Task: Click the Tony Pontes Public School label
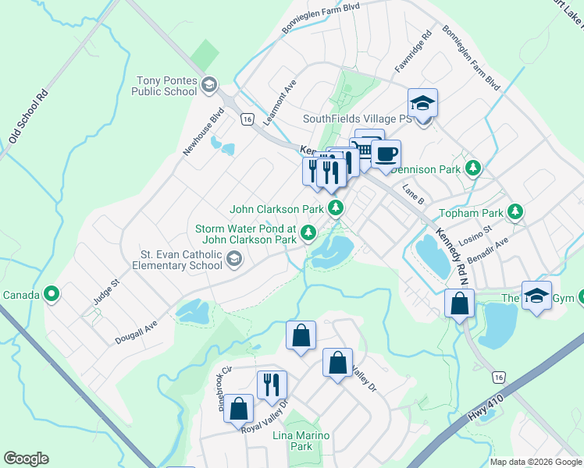[166, 86]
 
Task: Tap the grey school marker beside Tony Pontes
[209, 84]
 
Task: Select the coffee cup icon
[385, 154]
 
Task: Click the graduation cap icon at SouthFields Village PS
[422, 103]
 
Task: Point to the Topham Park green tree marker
[515, 211]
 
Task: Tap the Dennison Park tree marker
[472, 168]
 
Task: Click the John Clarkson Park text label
[276, 209]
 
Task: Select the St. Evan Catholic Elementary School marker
[233, 258]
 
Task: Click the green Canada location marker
[52, 294]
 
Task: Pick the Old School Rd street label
[29, 115]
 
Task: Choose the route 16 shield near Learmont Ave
[247, 119]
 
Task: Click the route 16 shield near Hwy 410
[499, 377]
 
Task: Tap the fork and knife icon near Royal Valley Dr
[272, 385]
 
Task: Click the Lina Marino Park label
[301, 441]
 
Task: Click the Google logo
[26, 459]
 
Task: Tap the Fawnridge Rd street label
[413, 52]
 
